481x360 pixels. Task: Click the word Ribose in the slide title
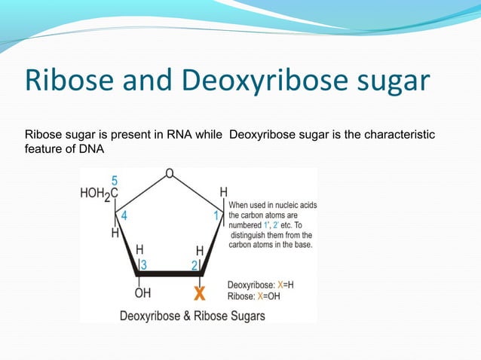[x=64, y=82]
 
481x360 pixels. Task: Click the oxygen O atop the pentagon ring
[x=170, y=174]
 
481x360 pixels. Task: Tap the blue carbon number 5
[x=115, y=181]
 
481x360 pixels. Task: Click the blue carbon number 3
[x=143, y=264]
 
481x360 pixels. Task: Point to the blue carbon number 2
[x=194, y=264]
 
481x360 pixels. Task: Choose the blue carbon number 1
[x=216, y=215]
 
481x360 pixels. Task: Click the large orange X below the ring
[x=199, y=291]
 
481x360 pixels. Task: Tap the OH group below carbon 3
[x=142, y=292]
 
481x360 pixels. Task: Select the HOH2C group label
[x=99, y=193]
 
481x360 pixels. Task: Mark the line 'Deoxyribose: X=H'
[x=262, y=285]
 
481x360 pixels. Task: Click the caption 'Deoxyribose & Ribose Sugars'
[x=193, y=316]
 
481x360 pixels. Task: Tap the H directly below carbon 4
[x=115, y=233]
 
